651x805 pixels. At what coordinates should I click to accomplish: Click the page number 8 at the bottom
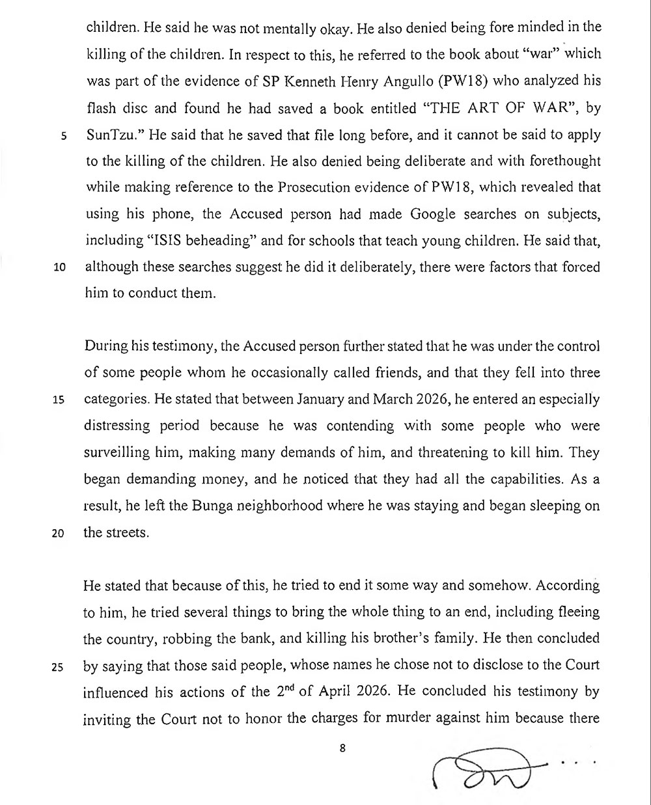342,748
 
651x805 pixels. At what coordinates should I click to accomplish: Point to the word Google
417,214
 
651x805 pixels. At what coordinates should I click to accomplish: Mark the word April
342,691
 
